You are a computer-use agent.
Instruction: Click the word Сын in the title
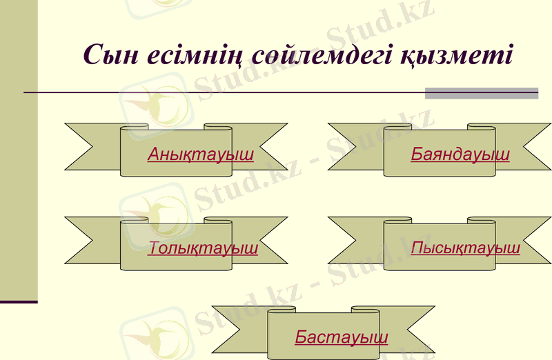coord(109,54)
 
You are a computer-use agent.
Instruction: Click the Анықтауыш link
coord(200,154)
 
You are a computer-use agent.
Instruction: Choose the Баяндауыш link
coord(460,154)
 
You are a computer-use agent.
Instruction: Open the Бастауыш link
coord(341,337)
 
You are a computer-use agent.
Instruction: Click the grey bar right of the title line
coord(481,93)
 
